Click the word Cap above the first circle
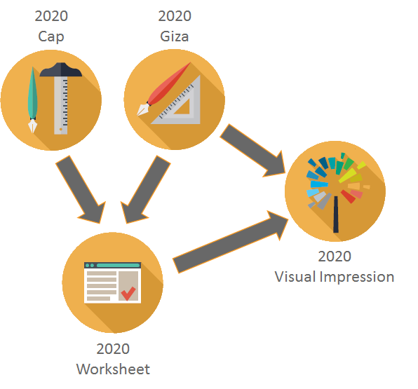[51, 37]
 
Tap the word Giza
[175, 36]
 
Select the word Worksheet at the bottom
[113, 369]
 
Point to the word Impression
[357, 277]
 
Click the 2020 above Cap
[51, 16]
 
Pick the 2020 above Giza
[175, 16]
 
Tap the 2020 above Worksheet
[113, 349]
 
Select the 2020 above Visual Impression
[335, 257]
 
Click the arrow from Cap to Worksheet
[81, 190]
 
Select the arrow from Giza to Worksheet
[146, 190]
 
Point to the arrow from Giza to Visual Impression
[252, 151]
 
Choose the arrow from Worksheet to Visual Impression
[231, 242]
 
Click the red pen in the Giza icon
[164, 89]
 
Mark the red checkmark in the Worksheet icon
[128, 294]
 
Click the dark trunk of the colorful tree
[336, 214]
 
